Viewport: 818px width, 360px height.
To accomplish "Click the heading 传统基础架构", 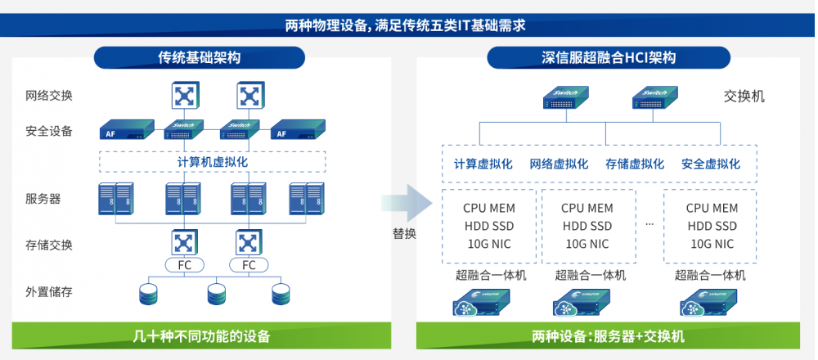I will [200, 57].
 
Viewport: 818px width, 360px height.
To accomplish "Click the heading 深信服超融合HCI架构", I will [609, 57].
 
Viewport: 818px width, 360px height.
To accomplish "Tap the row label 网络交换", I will [50, 95].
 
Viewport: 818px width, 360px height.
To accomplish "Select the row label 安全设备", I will [50, 130].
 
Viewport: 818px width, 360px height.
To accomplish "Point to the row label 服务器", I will [43, 198].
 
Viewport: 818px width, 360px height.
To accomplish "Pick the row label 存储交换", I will [50, 244].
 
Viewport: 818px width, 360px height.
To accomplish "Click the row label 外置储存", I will [50, 291].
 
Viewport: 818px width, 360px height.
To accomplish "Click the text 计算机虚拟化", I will [213, 161].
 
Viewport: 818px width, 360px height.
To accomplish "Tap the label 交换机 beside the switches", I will [744, 97].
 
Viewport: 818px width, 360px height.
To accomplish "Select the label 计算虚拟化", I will [483, 164].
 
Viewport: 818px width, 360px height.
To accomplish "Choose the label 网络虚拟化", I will [559, 164].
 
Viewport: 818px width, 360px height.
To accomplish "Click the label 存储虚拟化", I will [635, 164].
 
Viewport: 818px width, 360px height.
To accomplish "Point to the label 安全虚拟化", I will [711, 164].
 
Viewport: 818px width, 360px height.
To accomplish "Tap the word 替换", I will [404, 233].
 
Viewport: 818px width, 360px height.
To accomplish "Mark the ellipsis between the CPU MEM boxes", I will [649, 223].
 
